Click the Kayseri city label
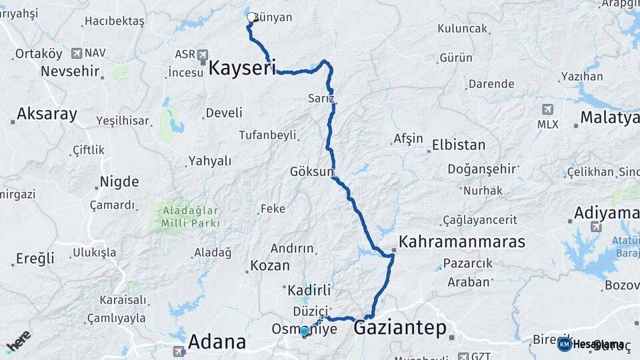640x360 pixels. click(x=242, y=68)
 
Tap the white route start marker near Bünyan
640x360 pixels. click(x=251, y=17)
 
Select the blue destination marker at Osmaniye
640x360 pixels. click(x=304, y=331)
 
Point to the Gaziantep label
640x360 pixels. click(x=400, y=328)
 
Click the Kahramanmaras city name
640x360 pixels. click(x=462, y=242)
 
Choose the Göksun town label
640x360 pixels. click(x=311, y=171)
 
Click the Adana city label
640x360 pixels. click(x=217, y=342)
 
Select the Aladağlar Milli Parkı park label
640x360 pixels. click(x=190, y=217)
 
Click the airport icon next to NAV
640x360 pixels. click(x=77, y=53)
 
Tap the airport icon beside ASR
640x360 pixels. click(x=203, y=55)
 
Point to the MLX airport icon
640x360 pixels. click(x=547, y=109)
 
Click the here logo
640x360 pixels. click(x=19, y=341)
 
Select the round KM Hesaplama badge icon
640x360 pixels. click(x=565, y=344)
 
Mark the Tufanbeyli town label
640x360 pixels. click(x=267, y=135)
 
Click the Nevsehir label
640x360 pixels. click(x=71, y=71)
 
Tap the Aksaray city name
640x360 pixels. click(x=47, y=114)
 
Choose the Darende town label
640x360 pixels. click(x=491, y=84)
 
